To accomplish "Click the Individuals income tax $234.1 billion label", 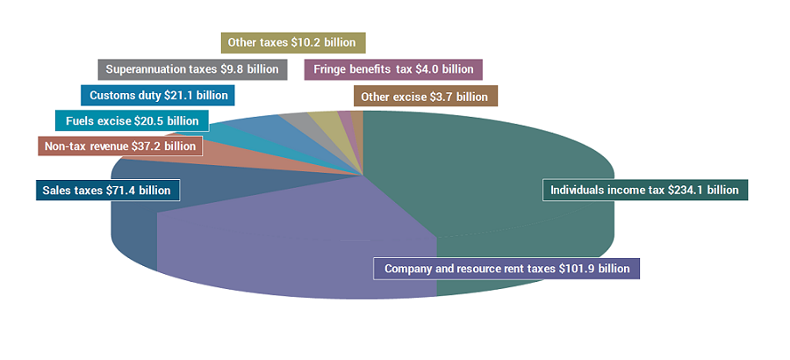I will (x=644, y=189).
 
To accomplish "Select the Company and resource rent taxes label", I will (x=506, y=268).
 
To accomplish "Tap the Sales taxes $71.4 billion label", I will (x=108, y=190).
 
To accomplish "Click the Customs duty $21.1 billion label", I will (x=157, y=95).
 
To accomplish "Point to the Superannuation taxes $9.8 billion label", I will (x=191, y=69).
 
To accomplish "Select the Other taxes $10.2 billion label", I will (x=293, y=42).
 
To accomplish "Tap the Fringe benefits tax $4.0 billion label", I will (x=393, y=69).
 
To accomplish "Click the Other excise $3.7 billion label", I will (x=425, y=96).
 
